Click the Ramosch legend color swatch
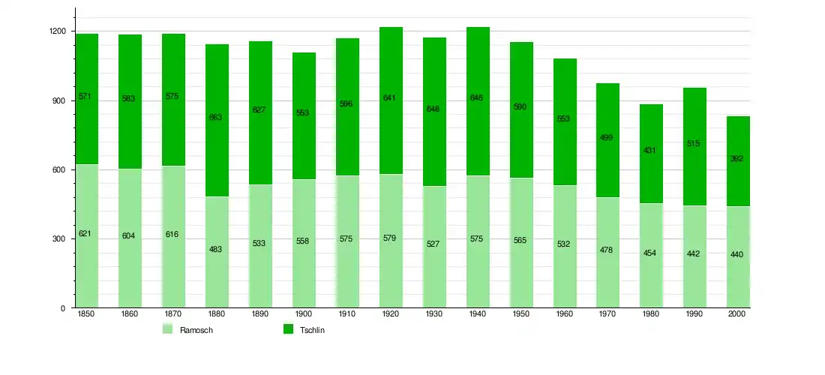(167, 329)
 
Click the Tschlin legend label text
(312, 330)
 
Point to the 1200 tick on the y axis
(58, 31)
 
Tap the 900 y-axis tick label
(61, 100)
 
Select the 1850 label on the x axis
(85, 314)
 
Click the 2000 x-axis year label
(737, 314)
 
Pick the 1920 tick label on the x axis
(390, 314)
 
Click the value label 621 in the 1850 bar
(85, 234)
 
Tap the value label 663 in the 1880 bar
(215, 117)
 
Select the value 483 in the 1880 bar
(215, 249)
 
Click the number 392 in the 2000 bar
(736, 159)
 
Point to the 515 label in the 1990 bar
(694, 143)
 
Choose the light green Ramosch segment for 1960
(564, 277)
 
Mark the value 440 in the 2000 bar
(736, 254)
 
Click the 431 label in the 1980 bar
(650, 151)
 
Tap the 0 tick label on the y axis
(63, 308)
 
